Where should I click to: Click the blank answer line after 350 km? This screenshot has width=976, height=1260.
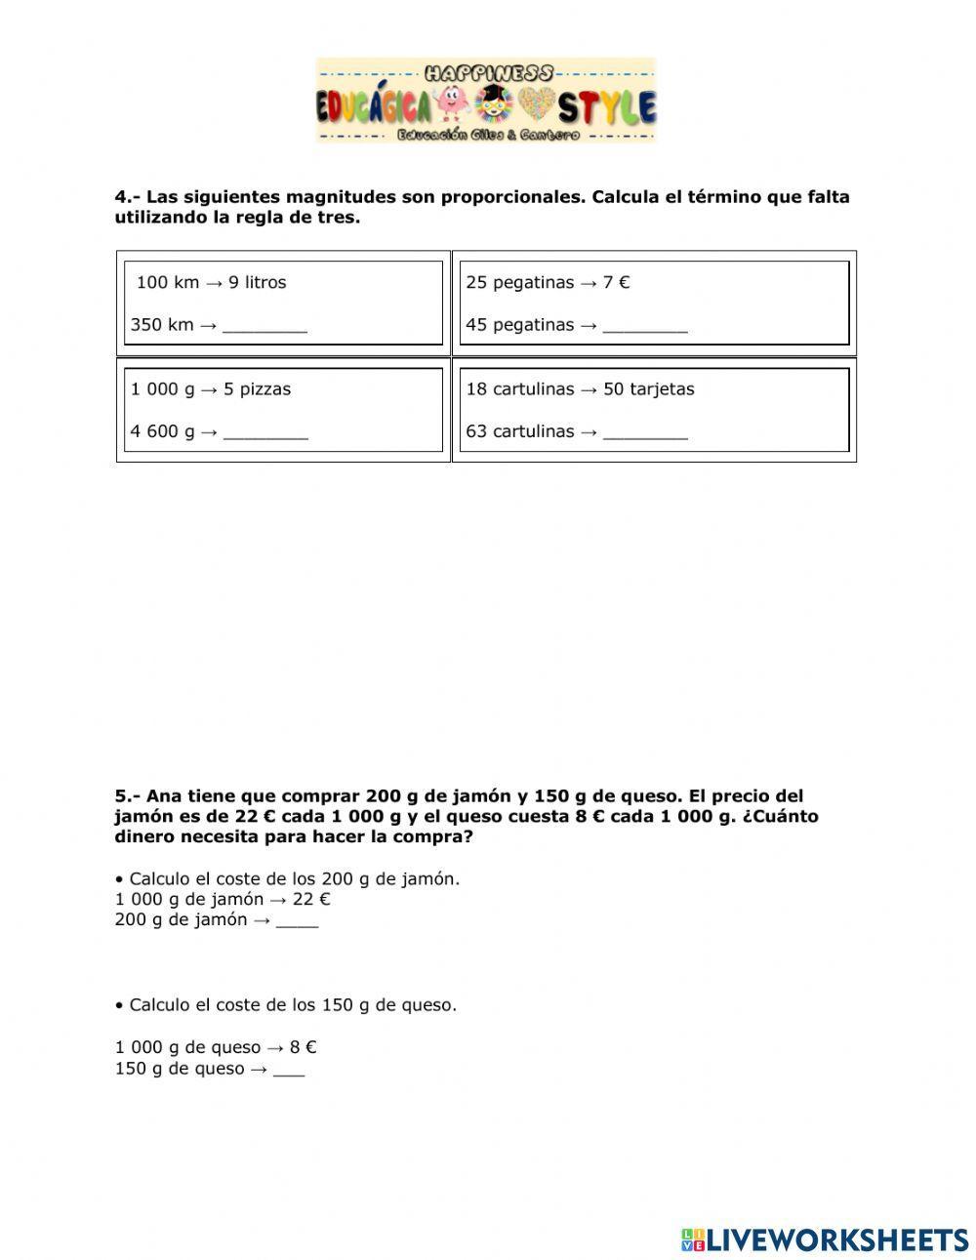coord(264,326)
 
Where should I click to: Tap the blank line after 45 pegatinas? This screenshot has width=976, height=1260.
coord(645,326)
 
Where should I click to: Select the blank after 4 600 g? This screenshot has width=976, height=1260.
coord(265,432)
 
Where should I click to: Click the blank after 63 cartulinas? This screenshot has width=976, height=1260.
coord(645,432)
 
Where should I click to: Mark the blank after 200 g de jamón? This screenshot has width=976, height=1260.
coord(297,920)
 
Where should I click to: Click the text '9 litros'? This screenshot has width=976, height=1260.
coord(257,283)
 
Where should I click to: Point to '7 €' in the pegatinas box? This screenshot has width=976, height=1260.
coord(616,283)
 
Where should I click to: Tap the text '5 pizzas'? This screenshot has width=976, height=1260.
coord(257,389)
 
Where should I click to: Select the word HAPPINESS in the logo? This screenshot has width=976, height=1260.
coord(489,73)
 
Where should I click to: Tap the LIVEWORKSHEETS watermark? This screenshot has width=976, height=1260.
coord(825,1240)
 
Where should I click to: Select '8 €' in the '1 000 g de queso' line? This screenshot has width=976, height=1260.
coord(303,1048)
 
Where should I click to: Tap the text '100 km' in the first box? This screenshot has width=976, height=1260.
coord(167,283)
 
